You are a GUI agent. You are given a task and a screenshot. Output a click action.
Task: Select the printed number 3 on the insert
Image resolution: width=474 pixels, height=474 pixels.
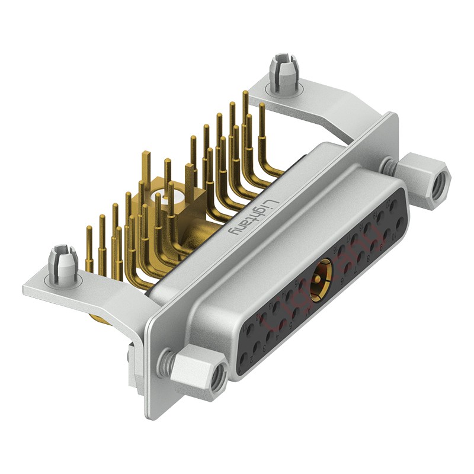[264, 350]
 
